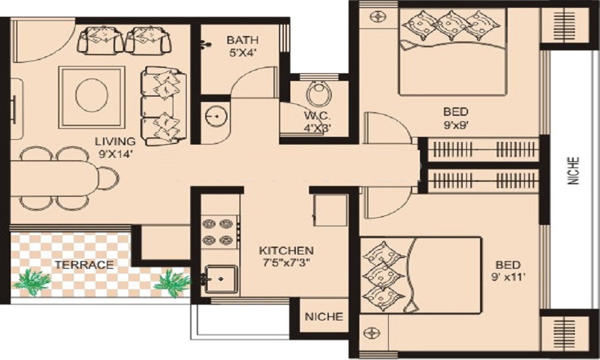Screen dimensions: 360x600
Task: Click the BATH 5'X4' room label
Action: [242, 46]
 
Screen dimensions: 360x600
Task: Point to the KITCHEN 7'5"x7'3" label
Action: [285, 256]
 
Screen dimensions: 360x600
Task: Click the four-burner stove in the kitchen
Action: [217, 232]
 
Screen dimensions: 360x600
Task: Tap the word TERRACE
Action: [84, 265]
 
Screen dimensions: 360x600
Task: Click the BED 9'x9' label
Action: [455, 117]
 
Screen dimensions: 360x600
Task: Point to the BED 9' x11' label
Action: [508, 271]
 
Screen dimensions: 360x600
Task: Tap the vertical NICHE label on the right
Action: [574, 170]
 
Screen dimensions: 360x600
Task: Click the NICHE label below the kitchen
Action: [324, 317]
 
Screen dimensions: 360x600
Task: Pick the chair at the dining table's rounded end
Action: [109, 178]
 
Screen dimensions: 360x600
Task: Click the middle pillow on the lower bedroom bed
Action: [383, 276]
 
